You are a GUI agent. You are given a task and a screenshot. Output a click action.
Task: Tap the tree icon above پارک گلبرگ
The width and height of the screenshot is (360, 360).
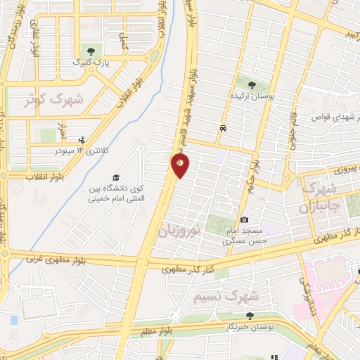pyautogui.click(x=89, y=50)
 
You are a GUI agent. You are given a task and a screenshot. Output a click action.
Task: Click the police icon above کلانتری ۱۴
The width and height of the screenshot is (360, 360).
pyautogui.click(x=82, y=140)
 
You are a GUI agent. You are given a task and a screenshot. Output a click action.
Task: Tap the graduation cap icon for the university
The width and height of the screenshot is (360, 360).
pyautogui.click(x=115, y=177)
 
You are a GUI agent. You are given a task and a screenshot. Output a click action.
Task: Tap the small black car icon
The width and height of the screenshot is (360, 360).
pyautogui.click(x=223, y=129)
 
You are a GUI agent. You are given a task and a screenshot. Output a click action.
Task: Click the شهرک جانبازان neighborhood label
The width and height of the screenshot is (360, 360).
pyautogui.click(x=319, y=198)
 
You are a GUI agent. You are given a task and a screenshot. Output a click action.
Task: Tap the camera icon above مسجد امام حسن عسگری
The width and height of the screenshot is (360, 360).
pyautogui.click(x=244, y=220)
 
